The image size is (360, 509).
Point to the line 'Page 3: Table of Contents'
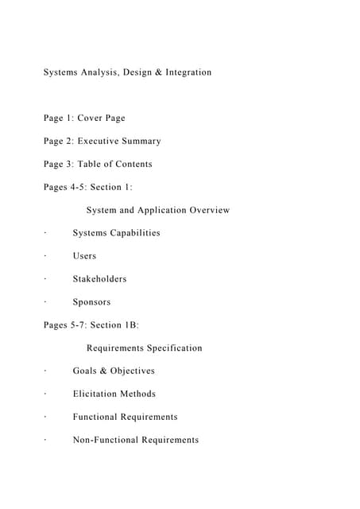pos(98,165)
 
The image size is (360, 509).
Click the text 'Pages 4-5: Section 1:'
pos(87,188)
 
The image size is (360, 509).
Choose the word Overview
pos(210,211)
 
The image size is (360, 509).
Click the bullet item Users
pos(84,256)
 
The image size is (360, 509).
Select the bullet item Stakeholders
pos(99,279)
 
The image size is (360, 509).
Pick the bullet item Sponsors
pos(91,302)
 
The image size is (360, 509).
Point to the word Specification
pos(173,348)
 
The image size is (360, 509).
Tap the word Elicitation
pos(95,394)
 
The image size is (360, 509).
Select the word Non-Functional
pos(106,440)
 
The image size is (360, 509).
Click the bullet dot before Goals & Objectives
pos(45,371)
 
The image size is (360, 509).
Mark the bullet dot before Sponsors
pos(45,302)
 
